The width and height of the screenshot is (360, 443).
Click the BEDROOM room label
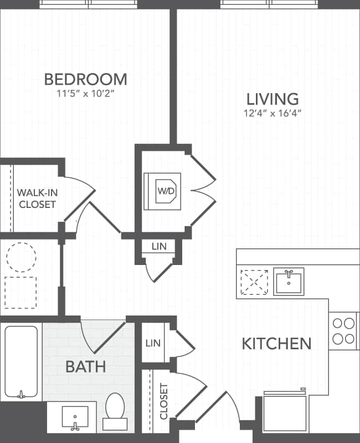click(86, 79)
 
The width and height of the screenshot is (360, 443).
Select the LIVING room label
click(272, 99)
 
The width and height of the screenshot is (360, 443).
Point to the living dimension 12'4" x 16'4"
click(272, 114)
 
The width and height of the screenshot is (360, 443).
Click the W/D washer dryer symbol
click(166, 191)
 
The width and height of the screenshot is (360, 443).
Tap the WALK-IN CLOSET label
click(37, 198)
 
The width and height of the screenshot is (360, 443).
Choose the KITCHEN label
click(276, 343)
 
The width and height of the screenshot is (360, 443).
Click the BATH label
click(86, 366)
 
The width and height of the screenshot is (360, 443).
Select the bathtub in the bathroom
click(22, 361)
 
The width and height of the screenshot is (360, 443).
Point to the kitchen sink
click(289, 282)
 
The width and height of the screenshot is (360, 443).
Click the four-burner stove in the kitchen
click(343, 331)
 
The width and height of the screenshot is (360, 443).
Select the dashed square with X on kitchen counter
click(254, 282)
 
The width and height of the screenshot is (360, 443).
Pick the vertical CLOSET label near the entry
click(163, 401)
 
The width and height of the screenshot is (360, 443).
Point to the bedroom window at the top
click(89, 4)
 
